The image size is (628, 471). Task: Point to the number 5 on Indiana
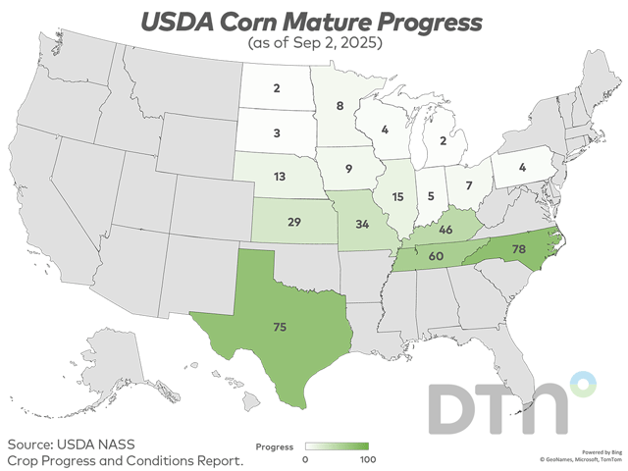click(432, 194)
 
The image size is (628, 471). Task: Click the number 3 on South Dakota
click(279, 131)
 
